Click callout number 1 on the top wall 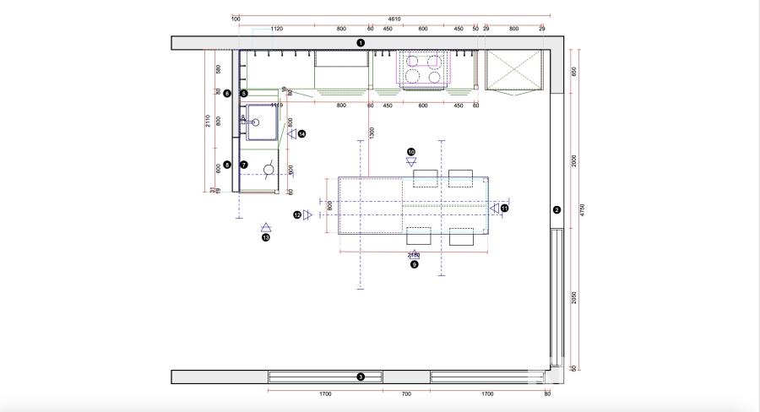(361, 42)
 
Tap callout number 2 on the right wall (556, 209)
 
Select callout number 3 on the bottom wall (361, 377)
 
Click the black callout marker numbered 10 (411, 152)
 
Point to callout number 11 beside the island (505, 207)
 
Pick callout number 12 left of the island (297, 215)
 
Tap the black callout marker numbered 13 (265, 238)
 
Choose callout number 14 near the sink (301, 133)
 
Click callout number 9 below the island (415, 264)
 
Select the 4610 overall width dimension (394, 19)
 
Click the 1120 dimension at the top (276, 29)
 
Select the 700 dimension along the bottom (406, 393)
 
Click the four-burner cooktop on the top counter (424, 69)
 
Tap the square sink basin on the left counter (263, 121)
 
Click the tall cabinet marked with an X (513, 69)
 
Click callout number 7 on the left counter (243, 165)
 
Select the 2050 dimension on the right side (573, 296)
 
